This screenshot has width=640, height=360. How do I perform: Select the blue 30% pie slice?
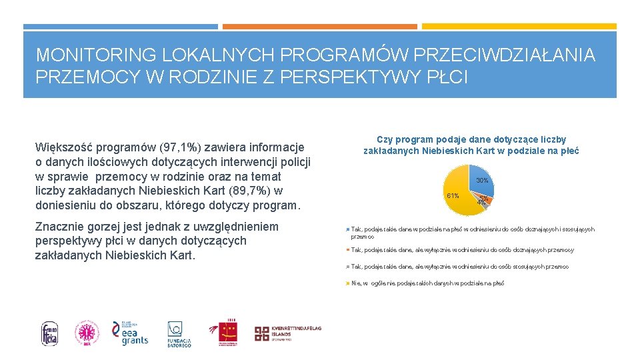pyautogui.click(x=481, y=179)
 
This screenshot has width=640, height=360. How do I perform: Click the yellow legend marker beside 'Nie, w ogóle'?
pyautogui.click(x=349, y=283)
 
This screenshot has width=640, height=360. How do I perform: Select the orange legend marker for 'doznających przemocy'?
pyautogui.click(x=349, y=250)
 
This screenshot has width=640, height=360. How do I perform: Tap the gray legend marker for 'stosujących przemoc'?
pyautogui.click(x=349, y=267)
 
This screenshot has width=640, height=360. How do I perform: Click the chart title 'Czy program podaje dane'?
pyautogui.click(x=471, y=145)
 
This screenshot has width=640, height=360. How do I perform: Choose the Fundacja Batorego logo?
pyautogui.click(x=179, y=333)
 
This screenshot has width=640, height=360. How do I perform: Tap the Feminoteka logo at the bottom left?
pyautogui.click(x=50, y=333)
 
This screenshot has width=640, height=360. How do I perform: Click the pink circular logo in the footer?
pyautogui.click(x=86, y=333)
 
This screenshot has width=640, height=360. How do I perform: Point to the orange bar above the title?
pyautogui.click(x=319, y=27)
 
